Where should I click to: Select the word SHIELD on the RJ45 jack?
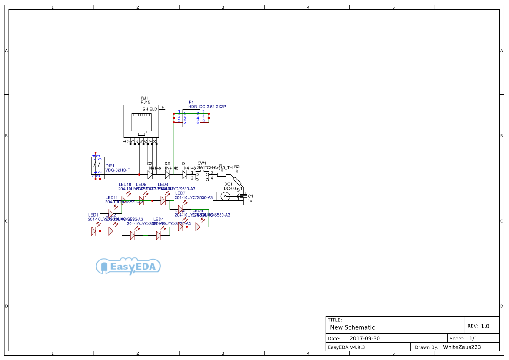pos(150,109)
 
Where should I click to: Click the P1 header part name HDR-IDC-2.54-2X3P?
pos(207,107)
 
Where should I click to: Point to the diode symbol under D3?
pos(150,175)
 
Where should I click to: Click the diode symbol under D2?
pos(167,175)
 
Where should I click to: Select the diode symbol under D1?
pos(185,175)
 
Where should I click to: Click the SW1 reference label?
pos(202,163)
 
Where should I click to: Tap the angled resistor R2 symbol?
pos(236,180)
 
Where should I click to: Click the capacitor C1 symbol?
pos(245,196)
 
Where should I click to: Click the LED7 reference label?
pos(180,193)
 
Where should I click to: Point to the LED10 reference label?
pos(125,184)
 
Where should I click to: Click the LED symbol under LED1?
pos(93,231)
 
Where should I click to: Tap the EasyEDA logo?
pos(128,267)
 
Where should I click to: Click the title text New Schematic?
pos(352,327)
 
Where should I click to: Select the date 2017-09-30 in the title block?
pos(364,338)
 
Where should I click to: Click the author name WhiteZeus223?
pos(462,347)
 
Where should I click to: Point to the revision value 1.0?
pos(485,326)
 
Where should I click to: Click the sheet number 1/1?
pos(473,338)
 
